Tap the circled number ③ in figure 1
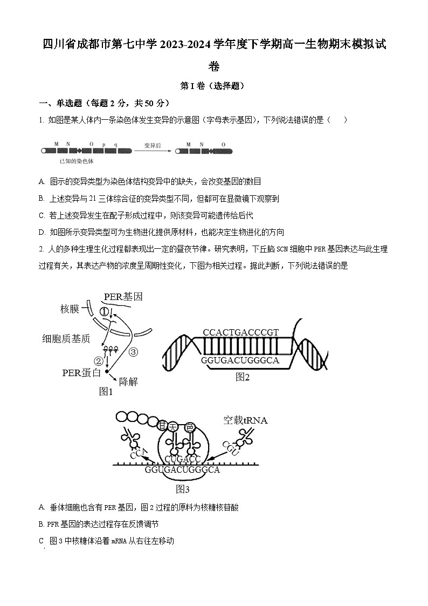(x=133, y=352)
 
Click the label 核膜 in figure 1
(x=70, y=309)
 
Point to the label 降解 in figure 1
(x=128, y=382)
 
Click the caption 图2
(x=243, y=377)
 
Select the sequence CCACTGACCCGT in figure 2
(x=241, y=332)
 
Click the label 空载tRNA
(x=245, y=420)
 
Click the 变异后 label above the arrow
(x=153, y=145)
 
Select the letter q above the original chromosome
(x=115, y=145)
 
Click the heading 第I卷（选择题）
(x=213, y=85)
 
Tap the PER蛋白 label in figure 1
(x=81, y=372)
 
